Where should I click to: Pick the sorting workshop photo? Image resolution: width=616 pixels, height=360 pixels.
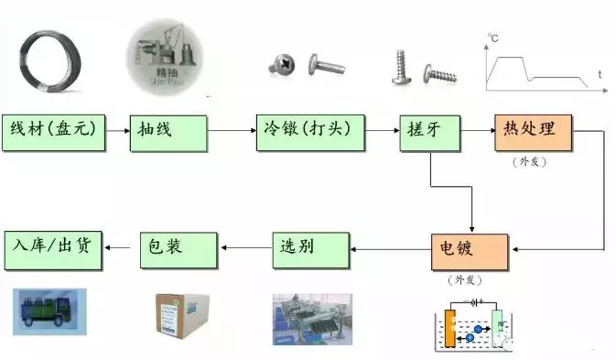311,318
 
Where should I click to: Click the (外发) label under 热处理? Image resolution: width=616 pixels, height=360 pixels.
531,161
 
